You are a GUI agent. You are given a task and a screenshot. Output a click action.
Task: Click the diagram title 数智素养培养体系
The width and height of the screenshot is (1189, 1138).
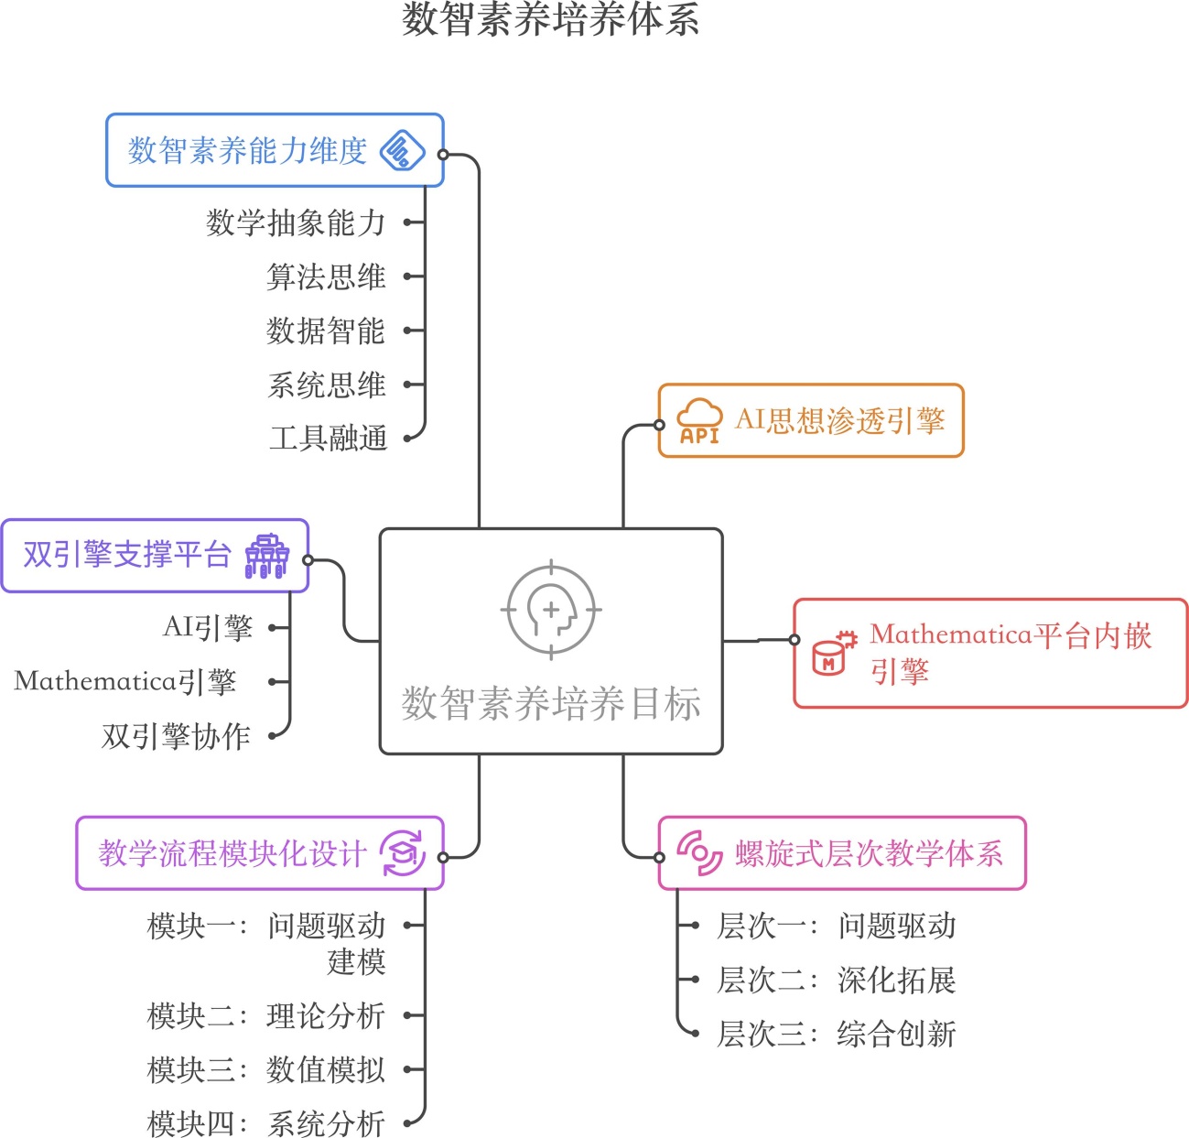coord(550,20)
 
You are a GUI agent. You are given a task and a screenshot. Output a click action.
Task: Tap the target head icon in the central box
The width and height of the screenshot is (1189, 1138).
coord(551,610)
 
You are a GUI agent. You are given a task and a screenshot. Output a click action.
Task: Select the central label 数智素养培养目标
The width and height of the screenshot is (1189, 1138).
coord(551,704)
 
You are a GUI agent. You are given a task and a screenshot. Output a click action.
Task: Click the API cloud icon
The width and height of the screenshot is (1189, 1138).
coord(699,422)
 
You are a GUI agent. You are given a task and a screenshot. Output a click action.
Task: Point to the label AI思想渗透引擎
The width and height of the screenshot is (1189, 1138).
coord(839,421)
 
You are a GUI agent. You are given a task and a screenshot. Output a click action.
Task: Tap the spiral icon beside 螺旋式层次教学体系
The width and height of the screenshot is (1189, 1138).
coord(699,853)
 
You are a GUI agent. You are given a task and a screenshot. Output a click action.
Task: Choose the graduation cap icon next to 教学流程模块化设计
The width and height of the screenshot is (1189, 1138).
coord(403,853)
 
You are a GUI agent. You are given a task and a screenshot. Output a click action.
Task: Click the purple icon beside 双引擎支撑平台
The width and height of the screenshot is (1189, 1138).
coord(266,557)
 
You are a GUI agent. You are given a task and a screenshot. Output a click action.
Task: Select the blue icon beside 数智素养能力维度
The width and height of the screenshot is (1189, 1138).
coord(403,151)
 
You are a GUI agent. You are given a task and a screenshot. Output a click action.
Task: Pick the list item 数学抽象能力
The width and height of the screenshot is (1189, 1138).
coord(296,222)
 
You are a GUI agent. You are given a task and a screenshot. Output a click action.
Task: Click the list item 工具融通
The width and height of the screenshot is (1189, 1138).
coord(328,439)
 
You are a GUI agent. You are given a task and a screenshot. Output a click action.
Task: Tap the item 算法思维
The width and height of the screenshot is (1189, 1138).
coord(326,276)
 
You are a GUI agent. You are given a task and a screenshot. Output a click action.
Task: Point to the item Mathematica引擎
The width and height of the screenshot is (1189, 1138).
coord(125,682)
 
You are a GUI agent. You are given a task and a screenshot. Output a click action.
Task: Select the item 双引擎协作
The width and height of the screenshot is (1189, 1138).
coord(176,736)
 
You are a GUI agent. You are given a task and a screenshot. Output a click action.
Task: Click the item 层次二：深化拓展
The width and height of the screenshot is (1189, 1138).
coord(836,981)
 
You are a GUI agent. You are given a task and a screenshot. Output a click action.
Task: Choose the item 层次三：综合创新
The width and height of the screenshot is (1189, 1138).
coord(836,1035)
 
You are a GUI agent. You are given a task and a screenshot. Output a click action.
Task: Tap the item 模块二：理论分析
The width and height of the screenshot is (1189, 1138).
coord(266,1015)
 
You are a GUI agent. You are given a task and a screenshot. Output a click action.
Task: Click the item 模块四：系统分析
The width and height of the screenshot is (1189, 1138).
coord(266,1123)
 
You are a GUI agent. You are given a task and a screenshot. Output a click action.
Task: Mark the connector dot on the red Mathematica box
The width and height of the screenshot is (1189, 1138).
coord(794,640)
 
